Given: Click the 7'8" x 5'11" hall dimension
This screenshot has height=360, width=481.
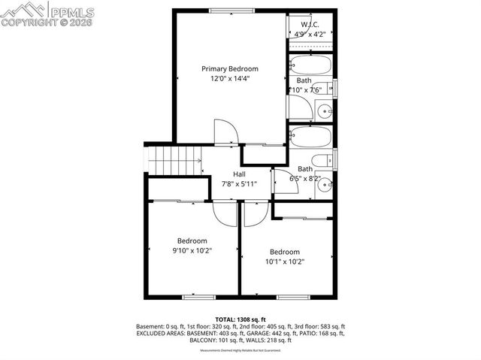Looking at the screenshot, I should coord(239,183).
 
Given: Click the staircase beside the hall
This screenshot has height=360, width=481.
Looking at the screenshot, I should coord(175,161).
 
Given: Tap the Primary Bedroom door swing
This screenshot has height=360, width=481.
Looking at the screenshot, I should coord(225,132).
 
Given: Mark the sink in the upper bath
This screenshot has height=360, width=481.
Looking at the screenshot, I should coord(325,111).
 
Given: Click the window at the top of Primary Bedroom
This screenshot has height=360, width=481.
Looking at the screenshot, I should coord(231,10).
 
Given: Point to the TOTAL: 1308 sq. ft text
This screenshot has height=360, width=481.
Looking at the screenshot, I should coord(240,319).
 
